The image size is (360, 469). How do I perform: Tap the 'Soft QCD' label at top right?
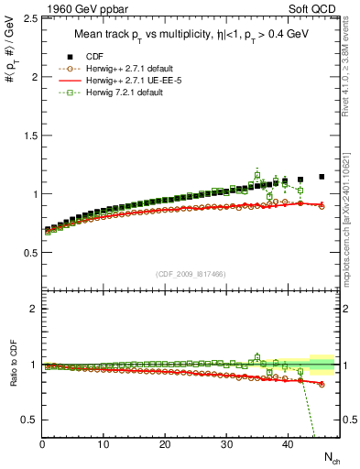(320, 7)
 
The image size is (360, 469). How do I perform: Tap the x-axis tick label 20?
(165, 444)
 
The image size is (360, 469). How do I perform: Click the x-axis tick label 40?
(288, 444)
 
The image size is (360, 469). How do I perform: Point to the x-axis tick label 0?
(42, 444)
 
